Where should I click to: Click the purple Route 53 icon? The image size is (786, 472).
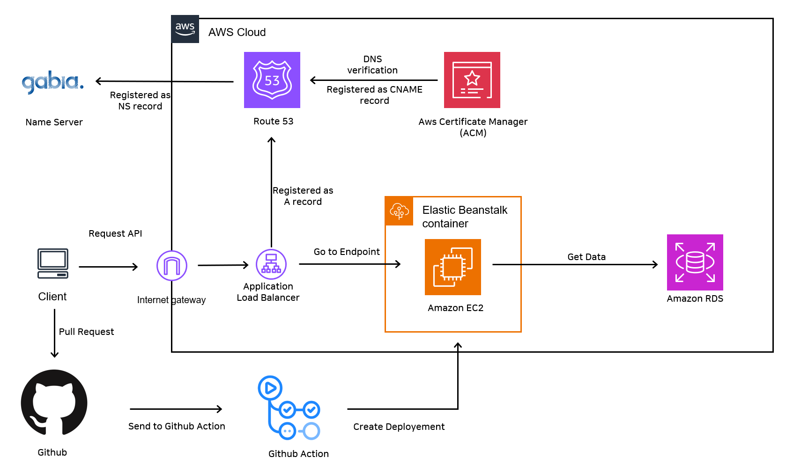point(272,80)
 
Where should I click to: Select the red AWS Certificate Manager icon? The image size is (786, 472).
point(472,80)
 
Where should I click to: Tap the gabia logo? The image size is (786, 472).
point(53,82)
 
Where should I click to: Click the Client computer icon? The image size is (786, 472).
point(53,263)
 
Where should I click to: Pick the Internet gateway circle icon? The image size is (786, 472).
point(172,266)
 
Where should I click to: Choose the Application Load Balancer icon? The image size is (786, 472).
point(271,264)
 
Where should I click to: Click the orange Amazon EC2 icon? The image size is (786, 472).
point(452,267)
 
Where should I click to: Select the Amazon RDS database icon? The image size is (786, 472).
point(695,262)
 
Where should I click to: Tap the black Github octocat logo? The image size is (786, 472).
point(54,403)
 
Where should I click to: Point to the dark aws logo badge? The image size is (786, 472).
point(185,29)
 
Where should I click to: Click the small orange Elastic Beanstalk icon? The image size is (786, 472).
point(399,211)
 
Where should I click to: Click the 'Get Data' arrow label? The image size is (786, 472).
point(586,257)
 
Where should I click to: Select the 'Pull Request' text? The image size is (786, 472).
point(86,332)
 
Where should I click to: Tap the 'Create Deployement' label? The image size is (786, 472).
point(399,427)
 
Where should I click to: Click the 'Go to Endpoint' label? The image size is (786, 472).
point(347,252)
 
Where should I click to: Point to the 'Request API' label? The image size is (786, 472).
point(115,233)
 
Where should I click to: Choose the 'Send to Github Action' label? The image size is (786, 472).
point(177,426)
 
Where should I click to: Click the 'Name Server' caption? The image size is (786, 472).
point(54,122)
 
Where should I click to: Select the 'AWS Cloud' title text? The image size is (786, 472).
point(237,32)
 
